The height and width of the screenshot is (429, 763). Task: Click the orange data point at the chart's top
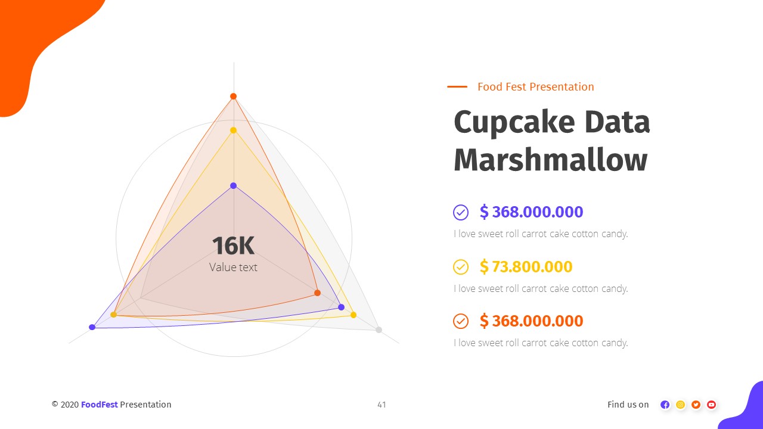[x=234, y=97]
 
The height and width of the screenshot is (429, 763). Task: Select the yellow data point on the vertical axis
[x=234, y=130]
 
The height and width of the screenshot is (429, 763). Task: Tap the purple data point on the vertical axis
[x=234, y=186]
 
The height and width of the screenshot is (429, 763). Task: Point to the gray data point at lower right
[x=379, y=329]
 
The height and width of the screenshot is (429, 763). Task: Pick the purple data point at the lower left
[x=92, y=327]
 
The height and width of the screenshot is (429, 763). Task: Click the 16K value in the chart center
[x=233, y=245]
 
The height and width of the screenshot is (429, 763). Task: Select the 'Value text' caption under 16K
[x=233, y=268]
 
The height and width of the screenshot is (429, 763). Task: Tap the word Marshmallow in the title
[x=550, y=160]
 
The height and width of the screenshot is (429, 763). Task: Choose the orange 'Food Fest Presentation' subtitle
[x=535, y=87]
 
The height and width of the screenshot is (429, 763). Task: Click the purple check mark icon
[x=461, y=212]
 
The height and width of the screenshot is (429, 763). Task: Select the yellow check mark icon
[x=461, y=267]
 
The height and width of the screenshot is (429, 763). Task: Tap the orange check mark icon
[x=461, y=321]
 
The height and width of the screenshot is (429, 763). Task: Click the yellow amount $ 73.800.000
[x=526, y=267]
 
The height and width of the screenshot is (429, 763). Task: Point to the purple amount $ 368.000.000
[x=531, y=212]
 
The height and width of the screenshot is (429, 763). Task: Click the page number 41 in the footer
[x=381, y=405]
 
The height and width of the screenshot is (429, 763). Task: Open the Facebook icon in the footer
[x=665, y=405]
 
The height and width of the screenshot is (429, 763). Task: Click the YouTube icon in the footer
[x=711, y=405]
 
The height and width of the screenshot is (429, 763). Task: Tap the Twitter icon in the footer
[x=696, y=405]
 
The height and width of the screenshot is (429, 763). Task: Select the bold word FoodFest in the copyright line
[x=100, y=405]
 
